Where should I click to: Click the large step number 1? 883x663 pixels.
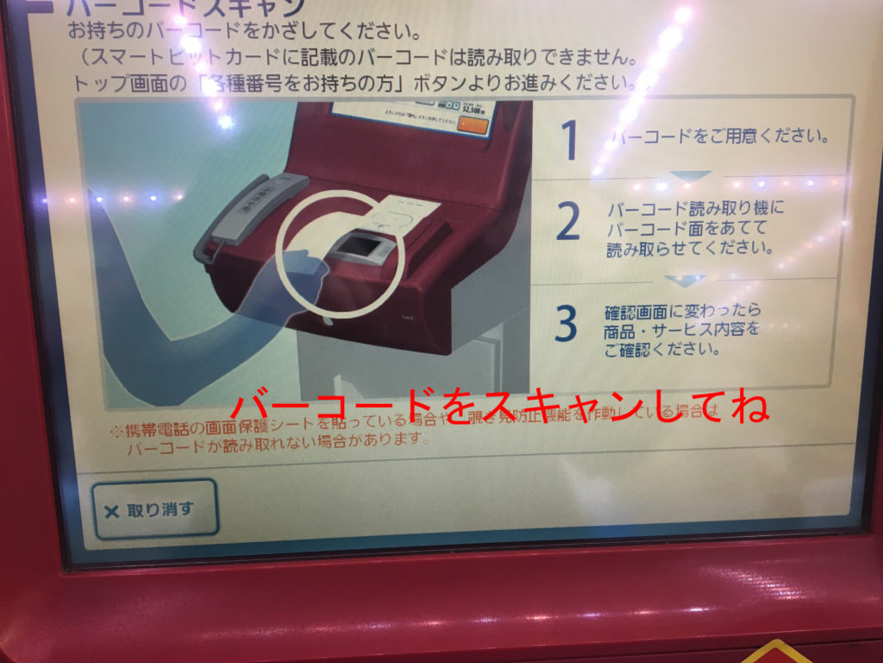tap(570, 140)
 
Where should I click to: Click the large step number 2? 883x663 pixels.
tap(568, 224)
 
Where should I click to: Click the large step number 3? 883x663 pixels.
tap(567, 324)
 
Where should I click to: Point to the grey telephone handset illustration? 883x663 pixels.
tap(250, 207)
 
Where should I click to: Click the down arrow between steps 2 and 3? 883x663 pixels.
tap(686, 281)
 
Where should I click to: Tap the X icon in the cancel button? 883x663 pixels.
tap(111, 511)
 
